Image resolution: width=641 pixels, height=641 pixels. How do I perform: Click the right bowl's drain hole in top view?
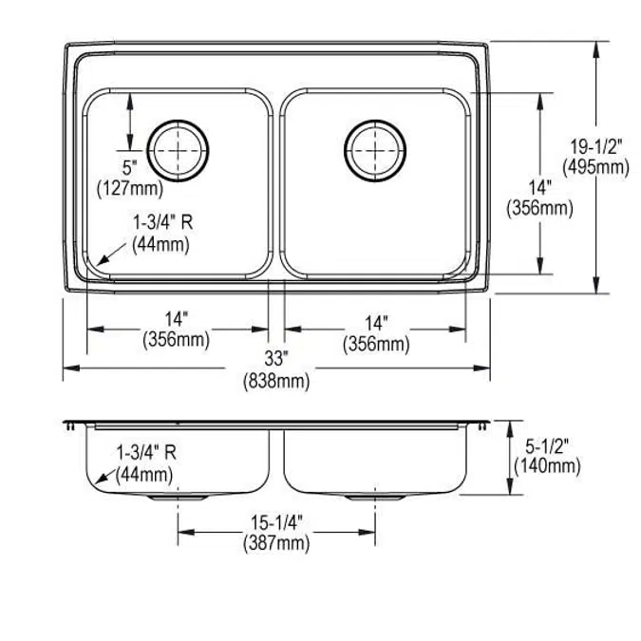(x=376, y=149)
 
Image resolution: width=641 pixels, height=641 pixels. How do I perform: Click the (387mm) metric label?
(x=276, y=543)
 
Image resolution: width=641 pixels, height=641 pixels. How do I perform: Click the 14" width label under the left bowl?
(x=176, y=320)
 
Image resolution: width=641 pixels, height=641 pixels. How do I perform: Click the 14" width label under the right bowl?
(x=375, y=320)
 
